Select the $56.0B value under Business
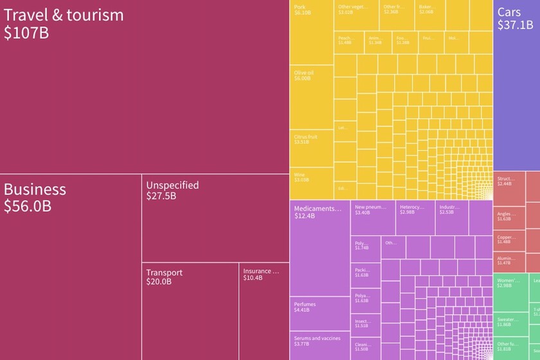click(x=28, y=206)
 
